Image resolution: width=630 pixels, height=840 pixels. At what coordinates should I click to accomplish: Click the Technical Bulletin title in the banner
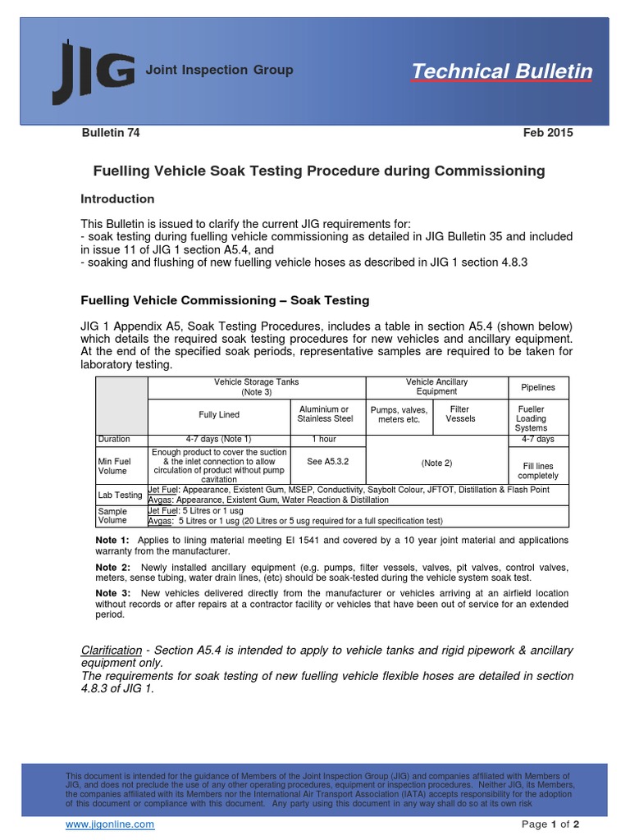[x=501, y=71]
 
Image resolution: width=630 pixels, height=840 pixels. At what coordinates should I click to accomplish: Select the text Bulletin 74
[x=110, y=133]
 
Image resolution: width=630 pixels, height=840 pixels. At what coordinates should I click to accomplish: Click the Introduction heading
[x=117, y=199]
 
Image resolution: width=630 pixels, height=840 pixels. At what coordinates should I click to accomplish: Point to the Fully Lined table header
[x=219, y=415]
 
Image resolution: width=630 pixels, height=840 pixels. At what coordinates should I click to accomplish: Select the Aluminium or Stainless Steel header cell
[x=325, y=414]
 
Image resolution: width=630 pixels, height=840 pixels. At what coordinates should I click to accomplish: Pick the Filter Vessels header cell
[x=460, y=414]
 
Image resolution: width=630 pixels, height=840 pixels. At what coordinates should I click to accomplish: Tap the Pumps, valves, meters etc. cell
[x=399, y=414]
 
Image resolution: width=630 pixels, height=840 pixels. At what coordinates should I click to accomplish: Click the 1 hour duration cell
[x=325, y=440]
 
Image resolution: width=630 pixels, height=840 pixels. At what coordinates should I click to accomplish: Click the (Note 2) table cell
[x=436, y=463]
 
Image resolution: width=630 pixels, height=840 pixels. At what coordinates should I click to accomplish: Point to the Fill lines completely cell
[x=537, y=471]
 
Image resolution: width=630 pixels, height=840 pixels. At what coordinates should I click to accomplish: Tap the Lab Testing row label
[x=121, y=495]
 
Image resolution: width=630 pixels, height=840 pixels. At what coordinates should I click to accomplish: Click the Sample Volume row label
[x=113, y=515]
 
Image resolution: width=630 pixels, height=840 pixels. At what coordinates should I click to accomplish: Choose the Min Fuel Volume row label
[x=113, y=466]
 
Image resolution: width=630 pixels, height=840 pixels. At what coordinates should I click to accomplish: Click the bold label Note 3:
[x=112, y=593]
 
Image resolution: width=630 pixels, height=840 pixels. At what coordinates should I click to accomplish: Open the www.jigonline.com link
[x=110, y=824]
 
